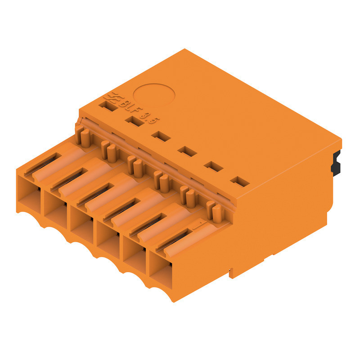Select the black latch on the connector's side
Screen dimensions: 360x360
[335, 163]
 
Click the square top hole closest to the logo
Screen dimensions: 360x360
[106, 106]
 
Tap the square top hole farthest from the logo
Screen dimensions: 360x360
[239, 182]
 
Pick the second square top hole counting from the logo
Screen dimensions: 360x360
[132, 121]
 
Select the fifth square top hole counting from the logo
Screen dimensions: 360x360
[213, 166]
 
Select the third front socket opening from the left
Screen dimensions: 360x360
[81, 221]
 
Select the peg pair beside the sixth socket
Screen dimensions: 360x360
[213, 211]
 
